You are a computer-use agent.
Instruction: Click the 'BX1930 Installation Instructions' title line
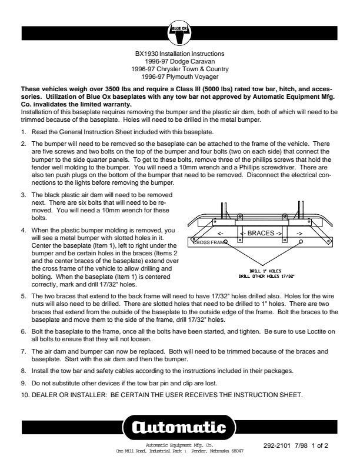pyautogui.click(x=179, y=54)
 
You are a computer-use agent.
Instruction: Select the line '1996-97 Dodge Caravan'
pyautogui.click(x=179, y=61)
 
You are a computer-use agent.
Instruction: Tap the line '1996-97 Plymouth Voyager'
pyautogui.click(x=179, y=75)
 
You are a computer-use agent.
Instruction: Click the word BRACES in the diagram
pyautogui.click(x=261, y=233)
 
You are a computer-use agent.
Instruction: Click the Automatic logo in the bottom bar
pyautogui.click(x=179, y=426)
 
